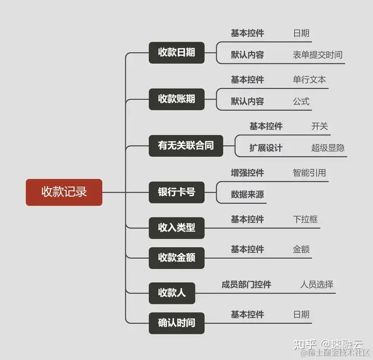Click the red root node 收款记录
coord(64,192)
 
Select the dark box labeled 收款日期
coord(176,52)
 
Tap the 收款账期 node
coord(176,99)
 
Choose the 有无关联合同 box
coord(185,145)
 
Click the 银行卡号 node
coord(176,192)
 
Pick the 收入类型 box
coord(176,228)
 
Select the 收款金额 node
coord(176,258)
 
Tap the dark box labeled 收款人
coord(171,293)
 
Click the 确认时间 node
coord(176,323)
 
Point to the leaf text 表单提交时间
coord(317,55)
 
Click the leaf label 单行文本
coord(309,80)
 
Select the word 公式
coord(301,102)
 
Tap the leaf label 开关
coord(320,127)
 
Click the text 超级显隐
coord(328,148)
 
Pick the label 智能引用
coord(309,173)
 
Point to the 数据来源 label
coord(247,195)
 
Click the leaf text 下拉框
coord(305,220)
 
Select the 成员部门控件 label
coord(246,285)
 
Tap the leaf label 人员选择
coord(317,285)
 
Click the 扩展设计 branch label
coord(266,148)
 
